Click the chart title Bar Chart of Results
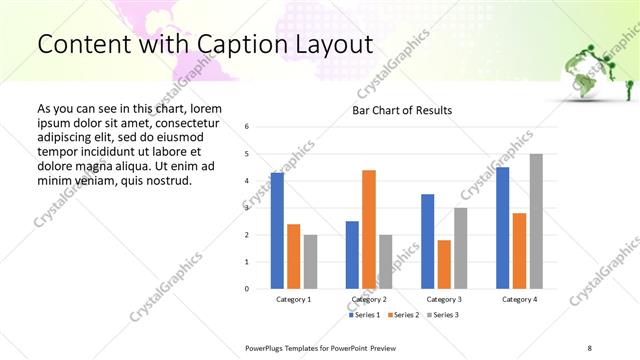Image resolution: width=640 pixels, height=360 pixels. (401, 110)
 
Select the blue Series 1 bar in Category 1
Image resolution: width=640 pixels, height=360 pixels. (277, 230)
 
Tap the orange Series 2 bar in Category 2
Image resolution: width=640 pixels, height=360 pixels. (368, 229)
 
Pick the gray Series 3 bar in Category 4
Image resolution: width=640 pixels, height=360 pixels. (536, 221)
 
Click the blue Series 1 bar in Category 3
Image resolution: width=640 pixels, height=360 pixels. (428, 241)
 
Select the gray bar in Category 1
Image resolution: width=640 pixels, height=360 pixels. (310, 261)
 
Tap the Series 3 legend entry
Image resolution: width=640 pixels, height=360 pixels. (445, 315)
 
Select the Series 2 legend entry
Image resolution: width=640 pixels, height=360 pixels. (405, 315)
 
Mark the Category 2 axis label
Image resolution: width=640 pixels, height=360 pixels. (369, 300)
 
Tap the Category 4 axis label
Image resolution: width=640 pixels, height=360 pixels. (519, 300)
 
